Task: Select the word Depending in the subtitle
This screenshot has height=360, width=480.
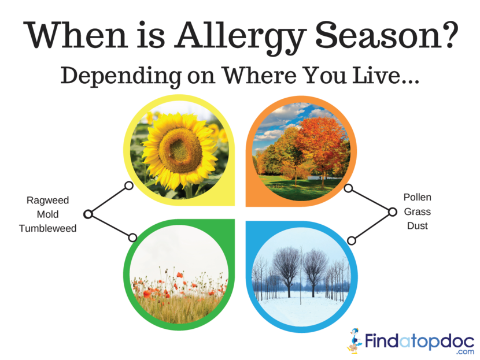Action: click(x=121, y=76)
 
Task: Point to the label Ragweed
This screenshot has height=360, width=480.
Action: click(x=48, y=201)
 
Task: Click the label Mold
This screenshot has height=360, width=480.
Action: click(x=48, y=214)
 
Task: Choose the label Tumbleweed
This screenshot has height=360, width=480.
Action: click(x=48, y=228)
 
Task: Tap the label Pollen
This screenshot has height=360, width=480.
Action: click(x=417, y=197)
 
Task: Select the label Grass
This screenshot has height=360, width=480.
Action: click(x=417, y=211)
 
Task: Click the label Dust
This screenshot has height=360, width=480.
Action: click(x=417, y=226)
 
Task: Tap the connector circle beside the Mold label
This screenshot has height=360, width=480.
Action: click(x=88, y=214)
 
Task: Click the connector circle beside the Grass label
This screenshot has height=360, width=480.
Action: click(x=393, y=211)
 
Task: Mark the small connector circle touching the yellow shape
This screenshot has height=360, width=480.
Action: click(x=129, y=185)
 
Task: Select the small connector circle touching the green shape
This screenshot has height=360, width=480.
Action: click(x=132, y=237)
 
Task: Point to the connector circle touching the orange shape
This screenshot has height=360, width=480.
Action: click(x=348, y=188)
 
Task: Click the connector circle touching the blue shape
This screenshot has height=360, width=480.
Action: click(x=352, y=241)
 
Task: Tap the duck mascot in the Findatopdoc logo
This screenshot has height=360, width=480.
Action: click(x=355, y=341)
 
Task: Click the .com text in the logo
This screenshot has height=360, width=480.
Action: click(x=465, y=352)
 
